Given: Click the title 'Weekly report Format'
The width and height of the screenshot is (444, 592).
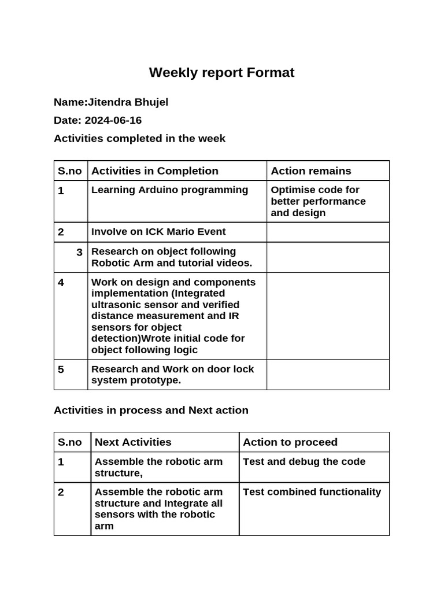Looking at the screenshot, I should point(221,72).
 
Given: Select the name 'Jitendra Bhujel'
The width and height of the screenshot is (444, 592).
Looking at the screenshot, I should point(128,102).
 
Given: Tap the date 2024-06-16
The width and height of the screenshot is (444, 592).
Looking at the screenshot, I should point(113,120).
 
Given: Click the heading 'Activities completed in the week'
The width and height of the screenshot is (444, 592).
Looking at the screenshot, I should point(139,138).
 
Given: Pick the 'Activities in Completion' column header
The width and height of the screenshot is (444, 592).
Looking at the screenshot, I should point(154,171).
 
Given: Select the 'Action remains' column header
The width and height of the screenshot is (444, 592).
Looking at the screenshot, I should point(310,171).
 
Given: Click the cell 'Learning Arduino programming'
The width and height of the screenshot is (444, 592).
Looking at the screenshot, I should point(169,190).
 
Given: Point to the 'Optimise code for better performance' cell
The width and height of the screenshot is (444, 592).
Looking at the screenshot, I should point(318,201).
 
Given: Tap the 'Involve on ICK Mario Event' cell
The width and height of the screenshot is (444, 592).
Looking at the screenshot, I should point(158,232).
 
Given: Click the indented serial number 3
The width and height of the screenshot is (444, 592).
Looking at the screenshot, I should point(79,252).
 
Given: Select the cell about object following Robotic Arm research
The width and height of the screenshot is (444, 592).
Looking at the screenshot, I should point(172,257).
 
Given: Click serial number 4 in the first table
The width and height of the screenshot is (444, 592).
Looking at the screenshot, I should point(61,283).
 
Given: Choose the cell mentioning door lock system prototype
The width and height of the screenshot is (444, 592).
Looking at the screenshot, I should point(172,375).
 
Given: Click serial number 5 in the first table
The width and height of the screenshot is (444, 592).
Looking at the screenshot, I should point(61,369).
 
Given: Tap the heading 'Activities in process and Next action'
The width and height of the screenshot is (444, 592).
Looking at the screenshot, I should point(151,410).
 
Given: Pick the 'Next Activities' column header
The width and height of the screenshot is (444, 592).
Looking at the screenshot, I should point(133,442).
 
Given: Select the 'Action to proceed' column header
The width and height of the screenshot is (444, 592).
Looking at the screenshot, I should point(290,442).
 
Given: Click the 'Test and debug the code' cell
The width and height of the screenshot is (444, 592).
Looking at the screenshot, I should point(304,461).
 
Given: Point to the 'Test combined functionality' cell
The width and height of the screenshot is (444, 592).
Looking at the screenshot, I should point(312,492).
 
